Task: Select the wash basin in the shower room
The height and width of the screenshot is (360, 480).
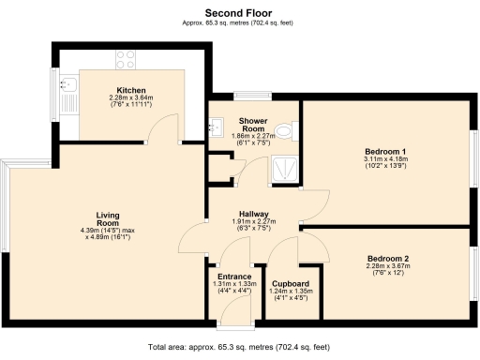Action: pyautogui.click(x=217, y=126)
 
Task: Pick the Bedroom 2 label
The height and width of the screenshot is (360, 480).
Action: pyautogui.click(x=387, y=257)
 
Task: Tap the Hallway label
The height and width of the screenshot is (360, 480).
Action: pyautogui.click(x=255, y=213)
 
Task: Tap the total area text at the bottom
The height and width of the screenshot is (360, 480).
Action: pyautogui.click(x=240, y=348)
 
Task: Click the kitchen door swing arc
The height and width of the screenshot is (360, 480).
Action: pyautogui.click(x=166, y=123)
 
